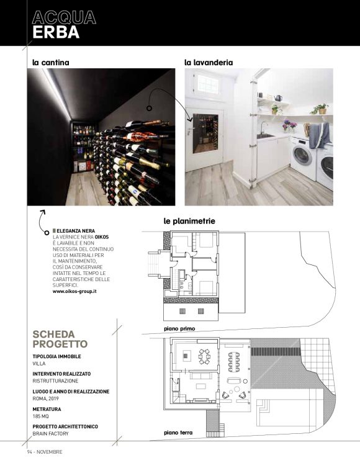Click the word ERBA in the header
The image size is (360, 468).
tap(56, 33)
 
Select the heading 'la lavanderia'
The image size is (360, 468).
tap(209, 62)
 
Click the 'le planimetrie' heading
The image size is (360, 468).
tap(189, 221)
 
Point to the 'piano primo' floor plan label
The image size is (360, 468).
tap(179, 327)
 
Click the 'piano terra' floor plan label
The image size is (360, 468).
tap(179, 432)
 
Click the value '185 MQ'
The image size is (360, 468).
tap(42, 416)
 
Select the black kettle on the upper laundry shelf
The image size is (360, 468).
tap(278, 97)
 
